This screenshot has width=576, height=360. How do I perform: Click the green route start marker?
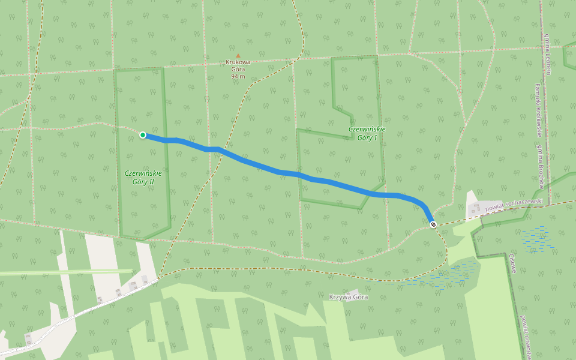143,135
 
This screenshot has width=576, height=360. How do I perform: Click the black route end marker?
433,224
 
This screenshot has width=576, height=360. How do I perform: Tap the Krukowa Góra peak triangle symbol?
238,56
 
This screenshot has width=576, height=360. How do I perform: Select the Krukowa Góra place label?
238,65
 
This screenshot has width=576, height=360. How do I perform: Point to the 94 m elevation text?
238,77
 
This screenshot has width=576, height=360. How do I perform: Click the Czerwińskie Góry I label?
367,133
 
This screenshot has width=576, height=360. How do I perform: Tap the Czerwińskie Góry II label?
143,177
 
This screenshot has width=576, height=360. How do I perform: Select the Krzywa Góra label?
349,297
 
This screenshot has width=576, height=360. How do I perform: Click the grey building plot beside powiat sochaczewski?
477,209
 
